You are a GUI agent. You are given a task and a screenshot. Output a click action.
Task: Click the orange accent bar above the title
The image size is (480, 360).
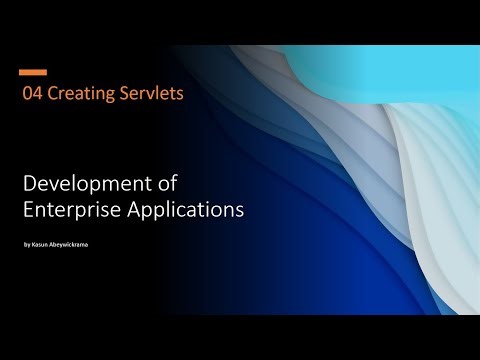click(x=33, y=72)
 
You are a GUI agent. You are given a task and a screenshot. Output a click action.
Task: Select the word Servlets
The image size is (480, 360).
click(x=150, y=95)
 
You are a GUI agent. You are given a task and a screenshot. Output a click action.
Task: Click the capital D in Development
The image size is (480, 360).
click(x=28, y=184)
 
